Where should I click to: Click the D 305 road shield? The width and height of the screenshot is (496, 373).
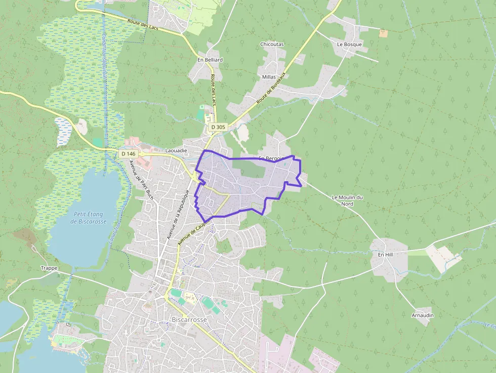(218, 127)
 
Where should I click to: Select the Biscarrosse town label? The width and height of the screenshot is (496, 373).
(189, 320)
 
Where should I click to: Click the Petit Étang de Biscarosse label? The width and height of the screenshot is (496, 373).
(89, 218)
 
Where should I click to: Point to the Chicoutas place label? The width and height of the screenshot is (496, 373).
(272, 44)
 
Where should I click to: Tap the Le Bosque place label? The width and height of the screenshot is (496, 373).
(349, 44)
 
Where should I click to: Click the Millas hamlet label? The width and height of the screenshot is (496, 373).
(269, 77)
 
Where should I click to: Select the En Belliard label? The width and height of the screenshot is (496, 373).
(210, 59)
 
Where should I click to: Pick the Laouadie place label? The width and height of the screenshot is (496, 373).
(176, 150)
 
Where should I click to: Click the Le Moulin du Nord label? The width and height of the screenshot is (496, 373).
(347, 200)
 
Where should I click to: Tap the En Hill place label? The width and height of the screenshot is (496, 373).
(385, 255)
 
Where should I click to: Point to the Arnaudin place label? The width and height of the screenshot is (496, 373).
(423, 315)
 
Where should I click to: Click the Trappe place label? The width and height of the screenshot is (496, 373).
(50, 268)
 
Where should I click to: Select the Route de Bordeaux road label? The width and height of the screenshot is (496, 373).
(271, 88)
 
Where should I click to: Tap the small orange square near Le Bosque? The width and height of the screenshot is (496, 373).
(383, 33)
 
